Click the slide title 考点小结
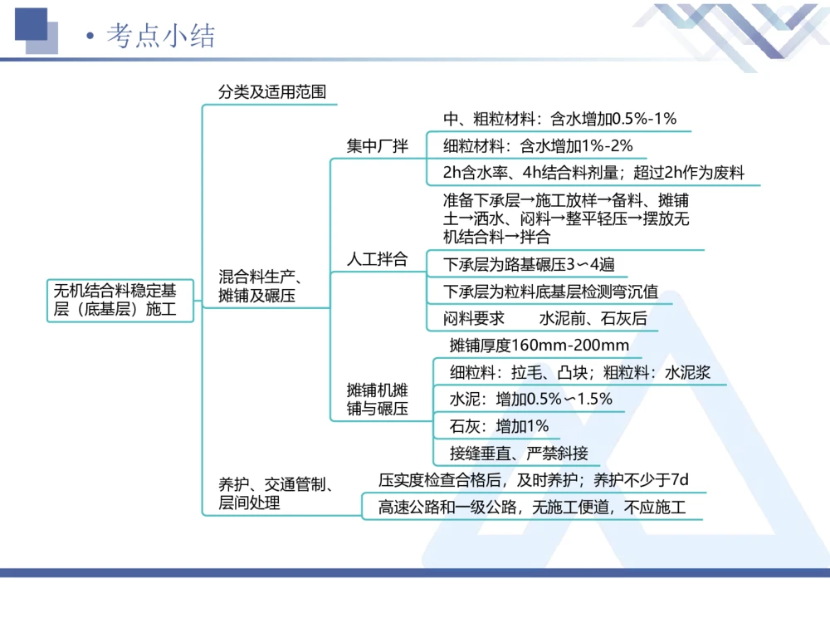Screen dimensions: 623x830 pos(161,37)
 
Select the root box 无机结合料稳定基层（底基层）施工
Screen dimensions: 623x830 pos(115,301)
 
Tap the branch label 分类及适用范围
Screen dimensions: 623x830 pos(272,92)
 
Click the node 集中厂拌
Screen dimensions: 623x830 pos(378,146)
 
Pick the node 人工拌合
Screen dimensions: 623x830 pos(378,259)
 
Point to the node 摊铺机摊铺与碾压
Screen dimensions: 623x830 pos(378,399)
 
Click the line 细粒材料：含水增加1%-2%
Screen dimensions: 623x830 pos(538,146)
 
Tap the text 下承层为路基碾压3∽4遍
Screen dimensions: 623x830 pos(529,265)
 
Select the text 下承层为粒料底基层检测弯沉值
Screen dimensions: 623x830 pos(551,292)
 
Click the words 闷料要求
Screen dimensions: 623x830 pos(474,318)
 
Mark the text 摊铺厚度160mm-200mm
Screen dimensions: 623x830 pos(539,346)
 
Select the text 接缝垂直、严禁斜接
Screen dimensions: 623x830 pos(519,453)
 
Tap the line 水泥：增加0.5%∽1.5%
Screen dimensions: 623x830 pos(531,399)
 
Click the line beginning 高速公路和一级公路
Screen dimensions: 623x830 pos(532,507)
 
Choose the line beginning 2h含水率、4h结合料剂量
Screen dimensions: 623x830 pos(593,173)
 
